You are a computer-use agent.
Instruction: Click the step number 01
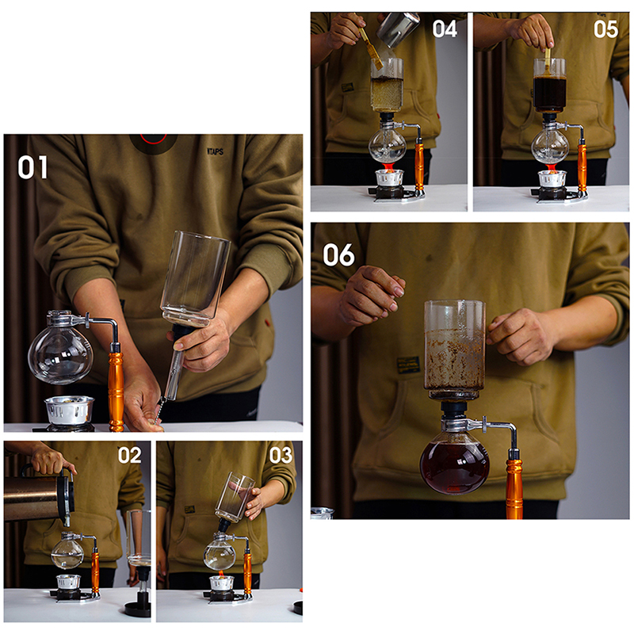32,167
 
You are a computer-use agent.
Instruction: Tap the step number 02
129,455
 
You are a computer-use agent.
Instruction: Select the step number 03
281,455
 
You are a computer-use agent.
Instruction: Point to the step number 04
445,29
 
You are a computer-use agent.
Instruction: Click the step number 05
605,29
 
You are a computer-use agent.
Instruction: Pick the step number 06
338,254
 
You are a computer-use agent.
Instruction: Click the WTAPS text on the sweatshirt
215,151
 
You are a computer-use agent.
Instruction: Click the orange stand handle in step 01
116,390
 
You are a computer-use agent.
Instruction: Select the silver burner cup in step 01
70,410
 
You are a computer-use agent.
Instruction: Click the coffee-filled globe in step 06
454,467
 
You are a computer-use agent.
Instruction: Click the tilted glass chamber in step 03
235,497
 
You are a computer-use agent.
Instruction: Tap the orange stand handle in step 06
514,488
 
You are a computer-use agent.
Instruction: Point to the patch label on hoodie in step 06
408,365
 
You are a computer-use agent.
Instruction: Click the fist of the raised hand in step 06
371,295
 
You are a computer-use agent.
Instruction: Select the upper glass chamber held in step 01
195,279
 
